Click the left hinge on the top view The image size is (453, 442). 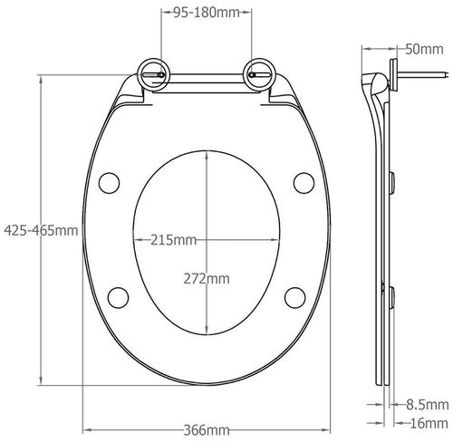151,73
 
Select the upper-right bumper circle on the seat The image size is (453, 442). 305,183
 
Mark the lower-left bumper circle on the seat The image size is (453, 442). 118,296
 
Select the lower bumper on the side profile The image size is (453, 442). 392,295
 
